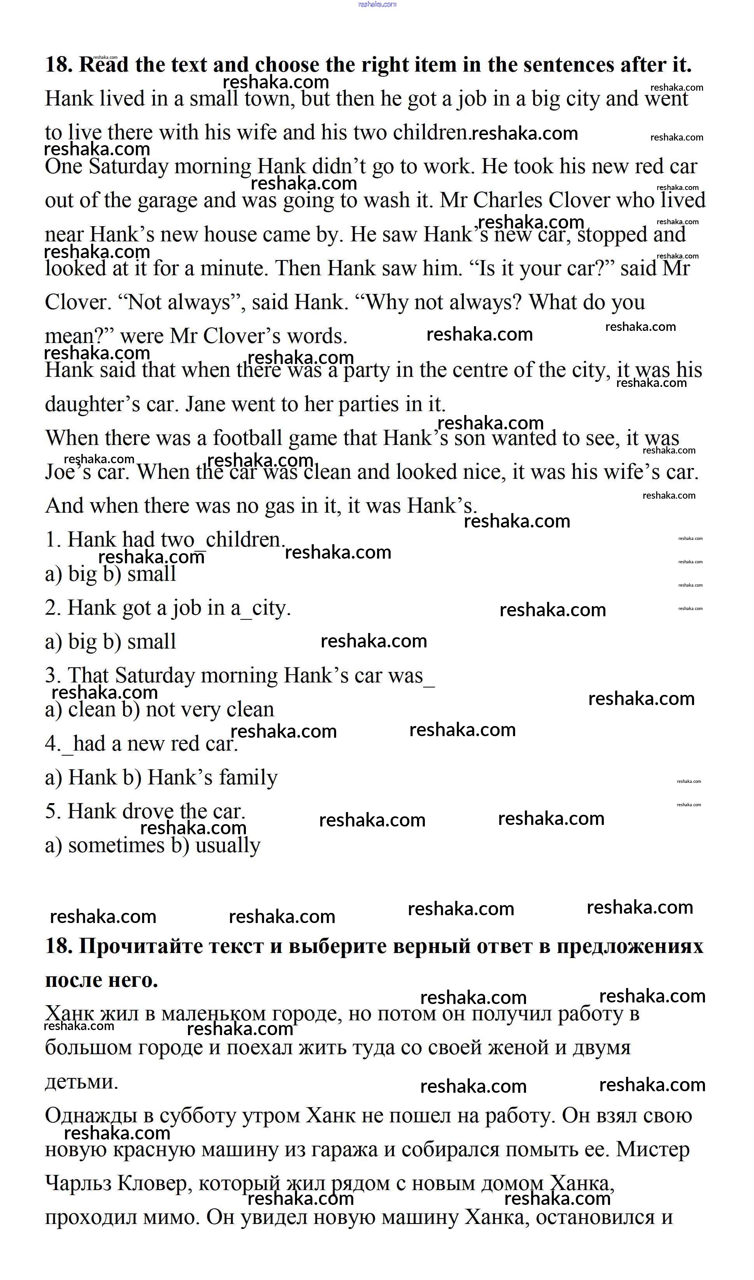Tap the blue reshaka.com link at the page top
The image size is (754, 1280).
377,5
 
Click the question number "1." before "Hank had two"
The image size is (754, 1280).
53,540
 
